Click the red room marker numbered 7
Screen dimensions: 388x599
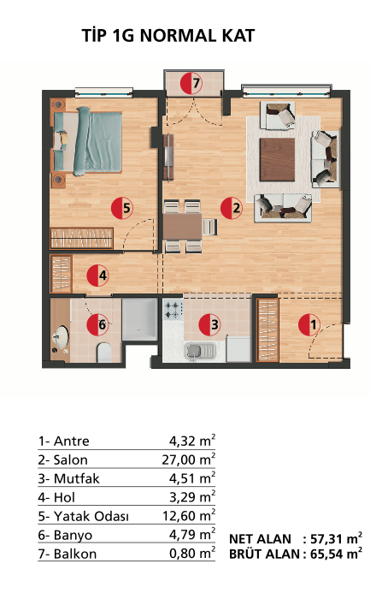pos(191,83)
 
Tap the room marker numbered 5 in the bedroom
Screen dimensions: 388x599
pos(122,208)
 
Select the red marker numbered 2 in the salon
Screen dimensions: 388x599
pos(232,208)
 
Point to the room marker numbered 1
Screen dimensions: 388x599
pos(309,325)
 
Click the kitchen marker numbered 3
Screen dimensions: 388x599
pos(210,324)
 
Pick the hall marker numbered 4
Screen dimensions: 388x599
pos(98,276)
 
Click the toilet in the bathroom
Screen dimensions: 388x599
pos(103,353)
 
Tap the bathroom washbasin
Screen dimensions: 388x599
pos(61,337)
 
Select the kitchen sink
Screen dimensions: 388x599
pos(199,351)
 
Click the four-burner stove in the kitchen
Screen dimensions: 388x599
pos(172,310)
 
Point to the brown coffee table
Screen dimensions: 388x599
pos(278,160)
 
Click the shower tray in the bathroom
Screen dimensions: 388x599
pos(139,319)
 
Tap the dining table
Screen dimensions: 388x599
pos(183,226)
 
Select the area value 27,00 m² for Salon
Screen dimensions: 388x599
pos(189,460)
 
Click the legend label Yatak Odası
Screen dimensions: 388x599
pos(91,517)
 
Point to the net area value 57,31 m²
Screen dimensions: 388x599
pos(336,538)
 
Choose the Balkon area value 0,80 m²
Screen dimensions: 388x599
pos(192,553)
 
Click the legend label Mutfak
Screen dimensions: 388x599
pos(77,478)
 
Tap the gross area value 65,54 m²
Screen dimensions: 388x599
pos(336,554)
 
